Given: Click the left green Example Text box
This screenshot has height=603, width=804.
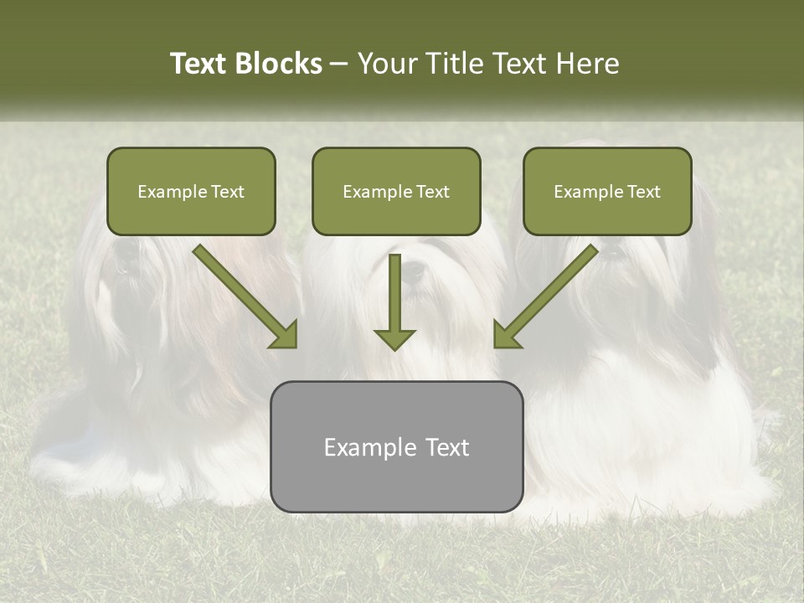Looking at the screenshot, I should [191, 191].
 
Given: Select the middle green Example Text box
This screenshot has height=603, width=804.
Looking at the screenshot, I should [396, 191].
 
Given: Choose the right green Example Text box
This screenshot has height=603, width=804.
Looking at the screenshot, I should [607, 191].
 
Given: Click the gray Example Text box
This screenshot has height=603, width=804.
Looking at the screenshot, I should [396, 446].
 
